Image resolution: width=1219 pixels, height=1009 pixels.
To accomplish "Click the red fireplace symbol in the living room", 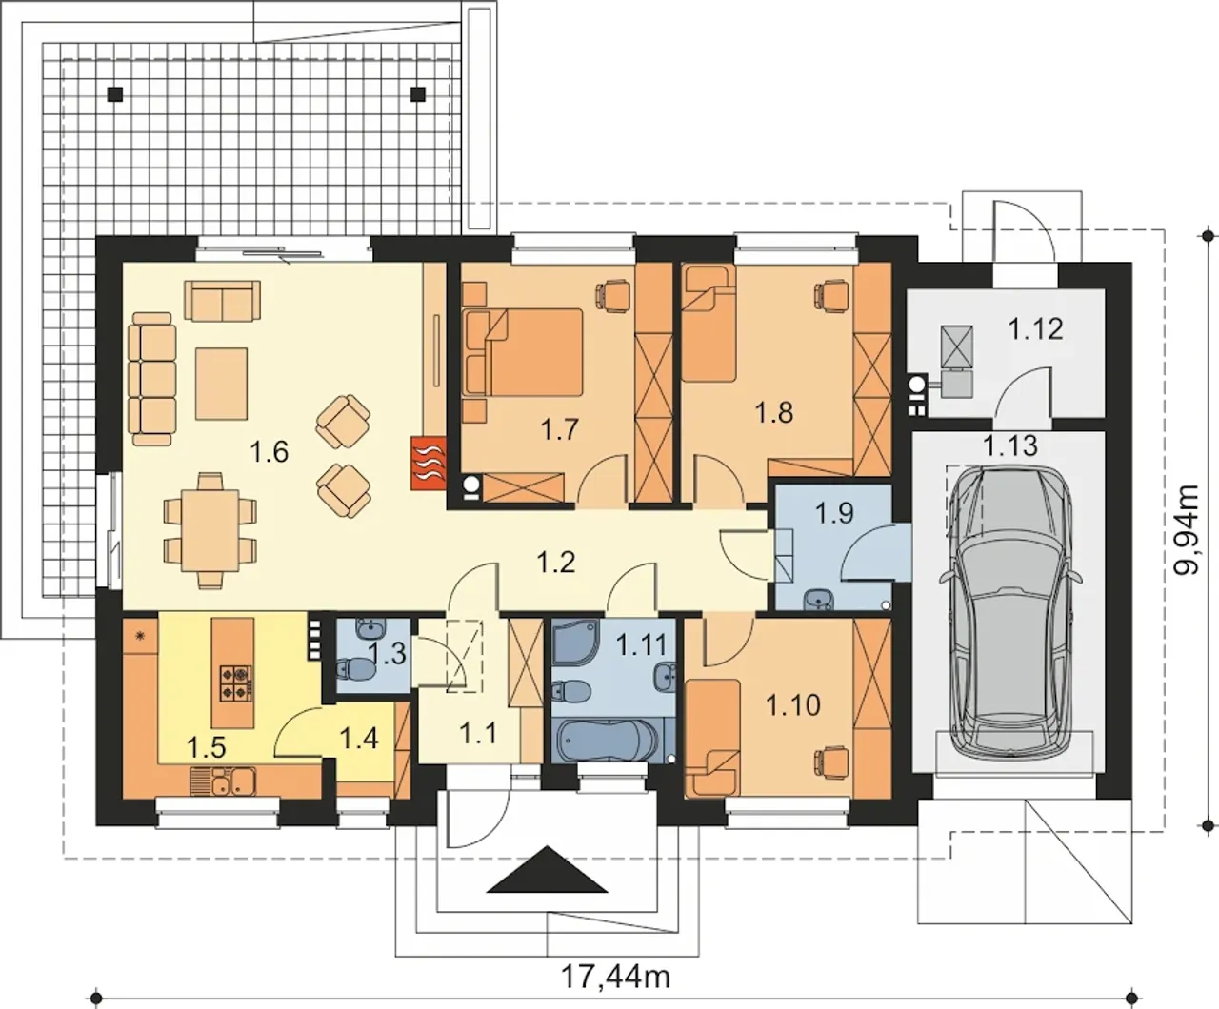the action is (429, 464).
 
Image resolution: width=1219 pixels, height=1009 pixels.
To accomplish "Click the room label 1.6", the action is (270, 452).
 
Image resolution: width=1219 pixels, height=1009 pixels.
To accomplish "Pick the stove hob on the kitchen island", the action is (237, 683).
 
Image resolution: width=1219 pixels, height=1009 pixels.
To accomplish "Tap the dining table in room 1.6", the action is (210, 530).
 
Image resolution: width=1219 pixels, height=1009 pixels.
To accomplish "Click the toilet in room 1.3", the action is (357, 669).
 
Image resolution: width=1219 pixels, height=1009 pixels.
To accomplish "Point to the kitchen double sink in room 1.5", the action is (223, 781).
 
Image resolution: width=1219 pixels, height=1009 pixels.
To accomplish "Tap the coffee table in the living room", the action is (221, 384).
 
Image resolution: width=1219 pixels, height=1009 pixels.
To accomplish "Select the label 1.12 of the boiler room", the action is (1036, 329).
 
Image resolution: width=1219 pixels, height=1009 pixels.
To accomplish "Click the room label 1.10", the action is (793, 705).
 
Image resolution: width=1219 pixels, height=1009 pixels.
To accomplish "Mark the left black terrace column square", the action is (115, 93).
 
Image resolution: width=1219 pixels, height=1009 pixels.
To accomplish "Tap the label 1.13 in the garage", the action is (1011, 446).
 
